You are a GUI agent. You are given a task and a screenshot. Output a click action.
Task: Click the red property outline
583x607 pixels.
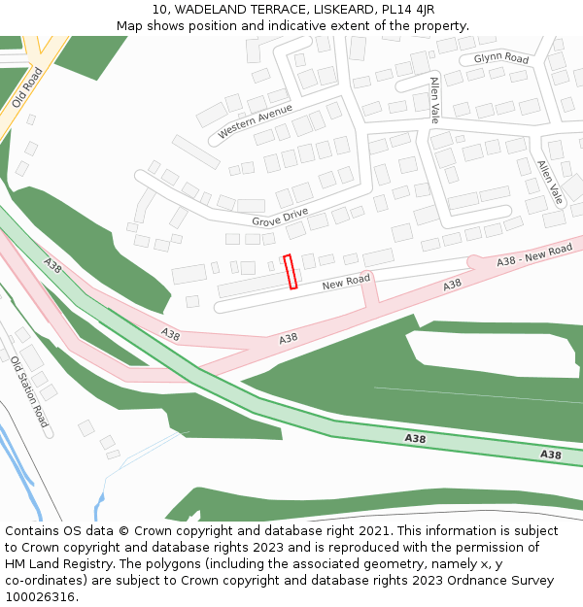pyautogui.click(x=290, y=272)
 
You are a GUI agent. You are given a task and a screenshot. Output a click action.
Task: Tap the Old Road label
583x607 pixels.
pyautogui.click(x=27, y=87)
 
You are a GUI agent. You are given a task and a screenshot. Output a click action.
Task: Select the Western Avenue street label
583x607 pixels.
pyautogui.click(x=255, y=120)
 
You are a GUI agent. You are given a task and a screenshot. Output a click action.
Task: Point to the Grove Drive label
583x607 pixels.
pyautogui.click(x=280, y=217)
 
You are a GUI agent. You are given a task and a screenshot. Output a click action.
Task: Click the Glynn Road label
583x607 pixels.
pyautogui.click(x=500, y=59)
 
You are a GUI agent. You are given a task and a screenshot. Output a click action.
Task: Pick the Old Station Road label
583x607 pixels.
pyautogui.click(x=29, y=391)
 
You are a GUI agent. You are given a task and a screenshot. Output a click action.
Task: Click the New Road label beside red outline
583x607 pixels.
pyautogui.click(x=346, y=282)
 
